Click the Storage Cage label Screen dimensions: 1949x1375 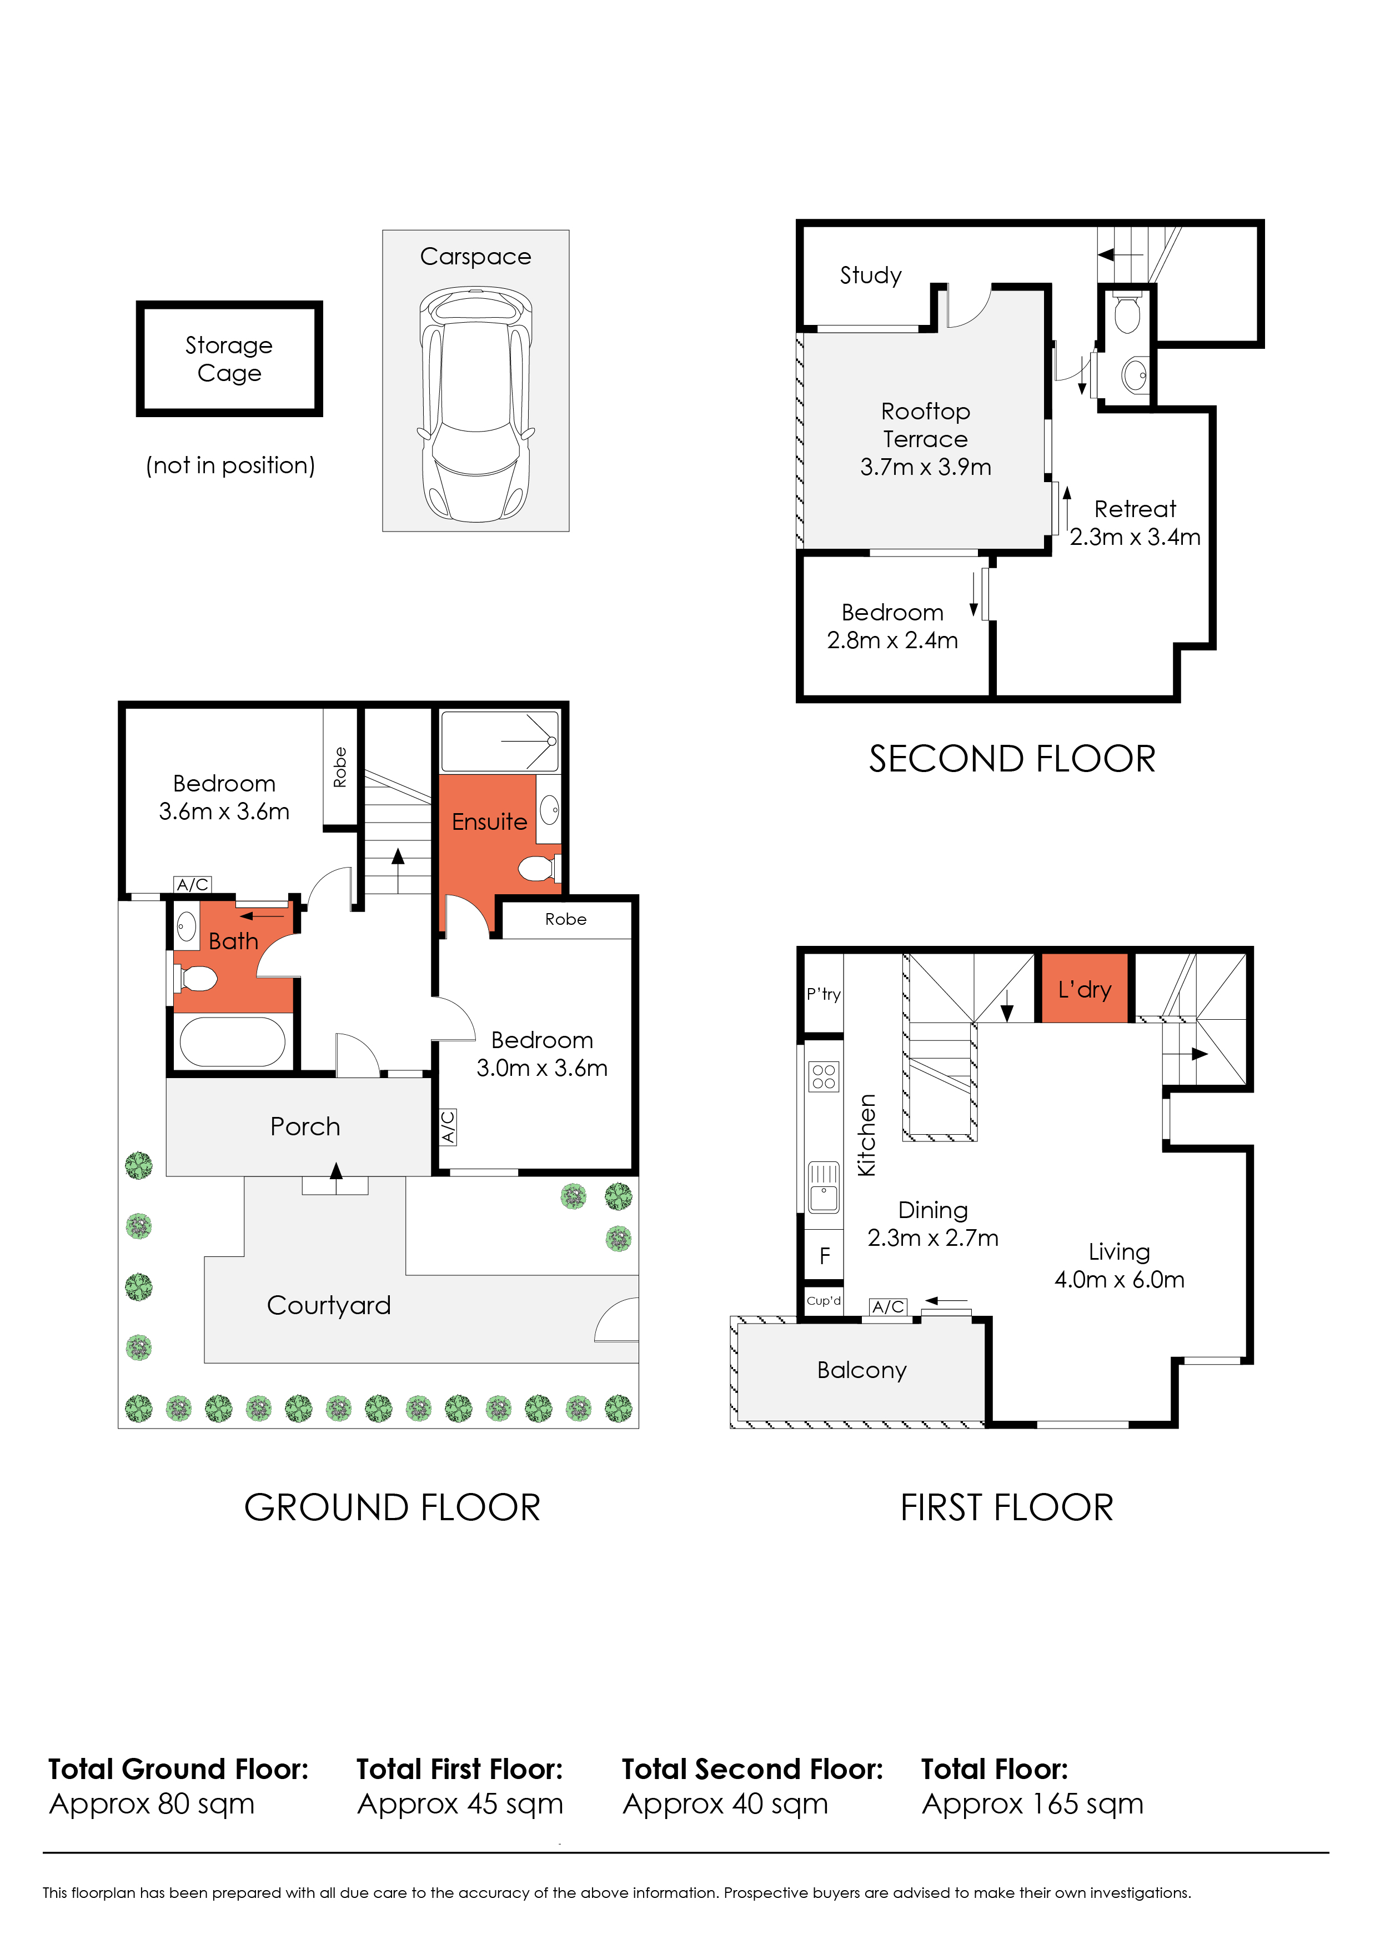pos(229,358)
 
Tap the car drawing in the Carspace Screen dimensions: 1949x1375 pos(475,404)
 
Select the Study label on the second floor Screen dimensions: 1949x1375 pos(870,275)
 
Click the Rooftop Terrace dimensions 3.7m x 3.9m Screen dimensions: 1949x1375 pos(925,467)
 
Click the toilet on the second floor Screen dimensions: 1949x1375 pos(1127,314)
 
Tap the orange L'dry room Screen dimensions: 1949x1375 pos(1085,989)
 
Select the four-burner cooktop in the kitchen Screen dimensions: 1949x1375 pos(824,1076)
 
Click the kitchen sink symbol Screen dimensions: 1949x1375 pos(824,1187)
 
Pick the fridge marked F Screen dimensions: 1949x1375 pos(824,1255)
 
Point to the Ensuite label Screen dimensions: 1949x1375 pos(489,821)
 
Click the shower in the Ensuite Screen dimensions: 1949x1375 pos(500,741)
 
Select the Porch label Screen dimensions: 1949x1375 pos(305,1126)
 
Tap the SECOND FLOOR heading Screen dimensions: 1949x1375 pos(1012,759)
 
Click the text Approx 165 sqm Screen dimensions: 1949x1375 pos(1032,1803)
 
